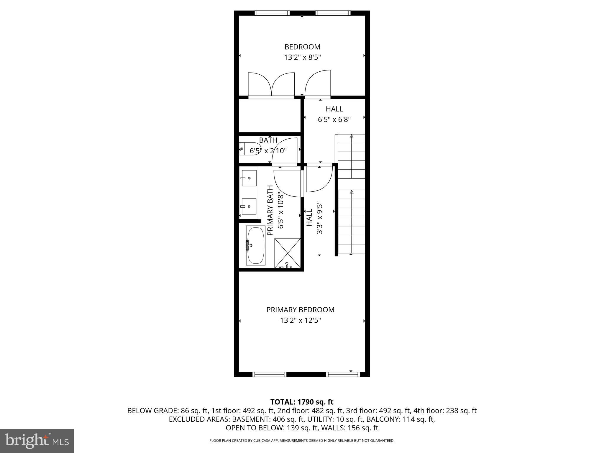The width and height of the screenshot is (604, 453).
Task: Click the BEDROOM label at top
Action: [302, 47]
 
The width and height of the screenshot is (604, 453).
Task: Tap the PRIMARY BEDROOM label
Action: [300, 310]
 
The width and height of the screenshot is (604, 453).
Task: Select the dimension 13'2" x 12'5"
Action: [300, 320]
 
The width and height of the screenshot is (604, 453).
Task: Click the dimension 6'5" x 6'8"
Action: [334, 119]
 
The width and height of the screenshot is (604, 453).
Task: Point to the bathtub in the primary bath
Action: [256, 245]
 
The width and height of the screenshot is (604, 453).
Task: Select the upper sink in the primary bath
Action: [249, 178]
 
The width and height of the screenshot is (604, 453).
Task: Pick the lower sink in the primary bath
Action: [249, 206]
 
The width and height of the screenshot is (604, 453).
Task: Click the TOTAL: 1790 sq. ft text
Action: [302, 402]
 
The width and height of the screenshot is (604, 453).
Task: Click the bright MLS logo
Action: [37, 441]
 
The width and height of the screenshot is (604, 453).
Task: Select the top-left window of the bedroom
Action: [272, 13]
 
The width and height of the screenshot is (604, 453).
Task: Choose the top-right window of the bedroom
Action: [333, 13]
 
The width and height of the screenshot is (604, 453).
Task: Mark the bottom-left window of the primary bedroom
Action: [269, 374]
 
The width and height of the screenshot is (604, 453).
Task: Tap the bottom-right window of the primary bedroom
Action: [343, 374]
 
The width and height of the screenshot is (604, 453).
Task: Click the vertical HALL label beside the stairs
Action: [309, 218]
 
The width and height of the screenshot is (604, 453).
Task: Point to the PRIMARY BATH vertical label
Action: [270, 210]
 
